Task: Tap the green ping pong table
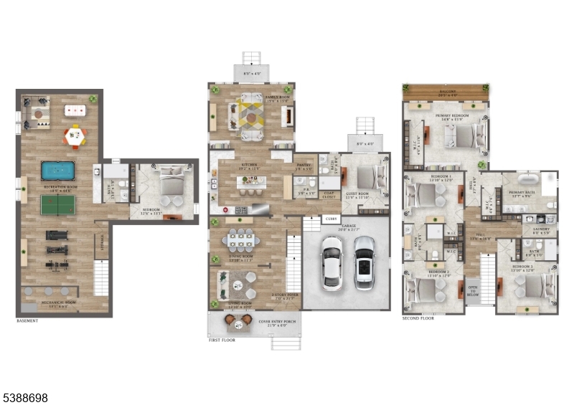pos(57,204)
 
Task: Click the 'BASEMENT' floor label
pos(27,320)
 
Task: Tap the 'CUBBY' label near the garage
pos(331,219)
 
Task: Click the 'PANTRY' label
pos(304,163)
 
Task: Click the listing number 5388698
pos(25,397)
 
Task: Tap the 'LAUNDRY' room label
pos(541,229)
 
